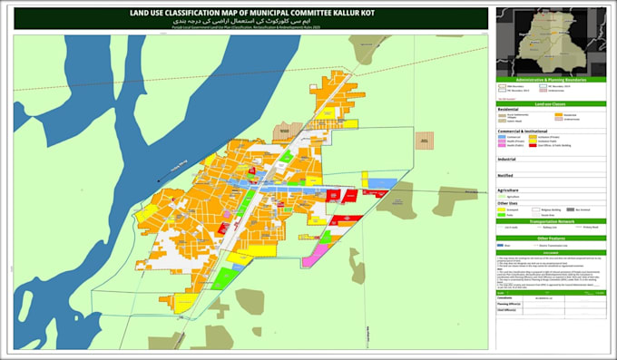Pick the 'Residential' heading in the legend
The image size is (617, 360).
click(x=511, y=110)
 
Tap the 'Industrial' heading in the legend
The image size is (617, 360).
click(x=508, y=158)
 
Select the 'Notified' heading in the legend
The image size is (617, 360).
click(x=506, y=174)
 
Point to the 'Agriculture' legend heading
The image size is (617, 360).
click(x=509, y=190)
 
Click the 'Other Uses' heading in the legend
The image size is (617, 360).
click(x=509, y=202)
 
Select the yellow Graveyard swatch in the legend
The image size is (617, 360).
click(x=502, y=209)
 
